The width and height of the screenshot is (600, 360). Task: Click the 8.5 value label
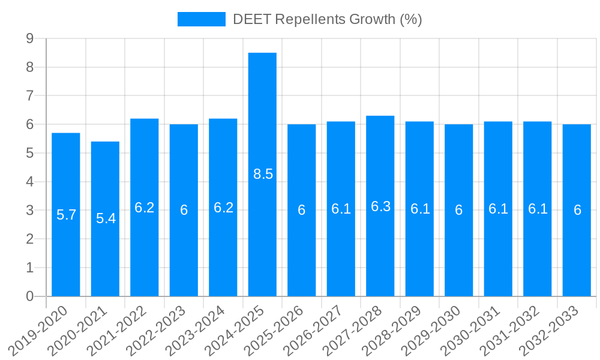pyautogui.click(x=263, y=175)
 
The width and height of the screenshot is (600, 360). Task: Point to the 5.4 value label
pyautogui.click(x=106, y=218)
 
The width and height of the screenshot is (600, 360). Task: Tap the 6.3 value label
pyautogui.click(x=380, y=206)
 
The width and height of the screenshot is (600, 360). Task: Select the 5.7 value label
pyautogui.click(x=66, y=215)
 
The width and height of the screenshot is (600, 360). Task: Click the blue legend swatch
pyautogui.click(x=201, y=19)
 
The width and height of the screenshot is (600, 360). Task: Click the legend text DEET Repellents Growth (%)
pyautogui.click(x=328, y=19)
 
